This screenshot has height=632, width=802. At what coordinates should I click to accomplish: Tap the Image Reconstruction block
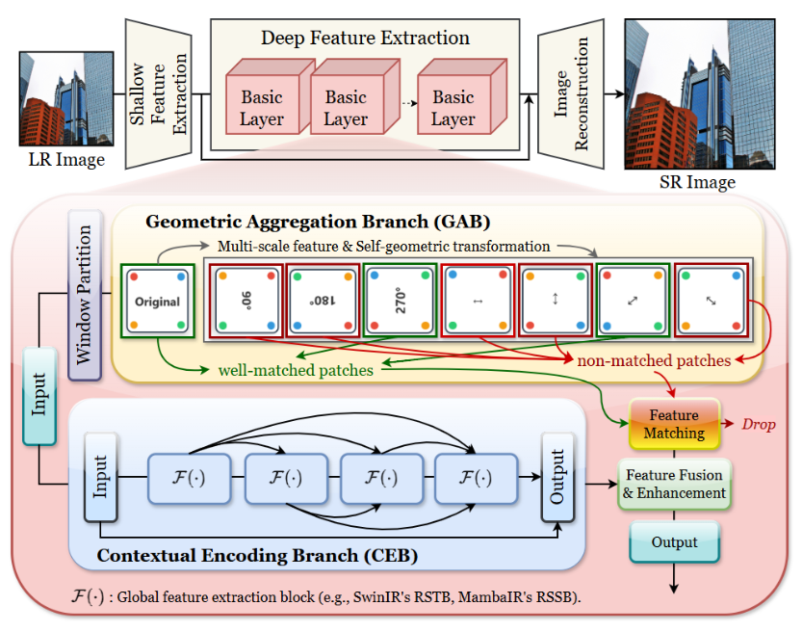pyautogui.click(x=569, y=95)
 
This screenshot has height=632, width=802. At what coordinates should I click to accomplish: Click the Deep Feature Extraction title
pyautogui.click(x=365, y=39)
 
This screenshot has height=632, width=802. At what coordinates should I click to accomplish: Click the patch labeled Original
pyautogui.click(x=157, y=301)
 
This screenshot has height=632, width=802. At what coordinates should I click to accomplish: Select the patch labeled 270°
pyautogui.click(x=401, y=301)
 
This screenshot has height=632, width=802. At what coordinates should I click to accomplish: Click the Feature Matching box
pyautogui.click(x=674, y=424)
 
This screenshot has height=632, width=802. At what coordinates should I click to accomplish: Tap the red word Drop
pyautogui.click(x=758, y=424)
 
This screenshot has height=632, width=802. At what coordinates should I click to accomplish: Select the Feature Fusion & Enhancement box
pyautogui.click(x=674, y=484)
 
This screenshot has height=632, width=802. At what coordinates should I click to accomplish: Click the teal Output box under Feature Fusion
pyautogui.click(x=674, y=542)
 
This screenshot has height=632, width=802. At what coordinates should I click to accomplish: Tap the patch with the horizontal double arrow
pyautogui.click(x=477, y=301)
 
